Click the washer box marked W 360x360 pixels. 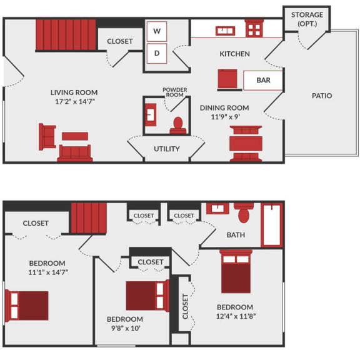[157, 31]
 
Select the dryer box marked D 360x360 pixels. [157, 53]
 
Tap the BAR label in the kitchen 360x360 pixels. [263, 81]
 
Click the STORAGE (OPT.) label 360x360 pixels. [307, 19]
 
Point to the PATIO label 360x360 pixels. [322, 96]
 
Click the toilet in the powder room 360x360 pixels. [177, 125]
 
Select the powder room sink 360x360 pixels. [151, 115]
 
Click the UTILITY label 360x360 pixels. [167, 149]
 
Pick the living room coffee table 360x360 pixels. [74, 136]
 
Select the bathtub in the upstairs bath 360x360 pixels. [272, 225]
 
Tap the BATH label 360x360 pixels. [236, 235]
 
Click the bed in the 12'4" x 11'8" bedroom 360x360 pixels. [236, 272]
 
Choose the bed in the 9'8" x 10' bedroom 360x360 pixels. [147, 296]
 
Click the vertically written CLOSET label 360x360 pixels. [186, 306]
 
